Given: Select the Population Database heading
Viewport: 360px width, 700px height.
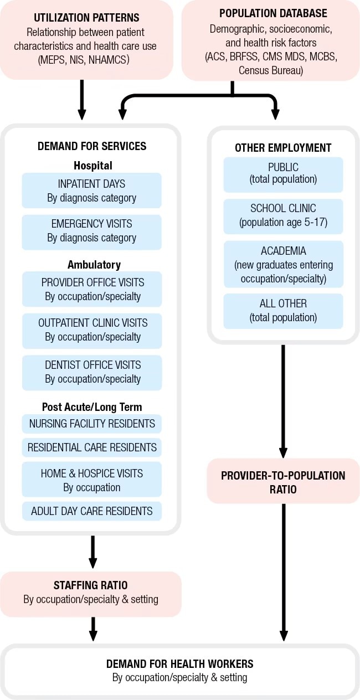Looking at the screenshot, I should pos(273,13).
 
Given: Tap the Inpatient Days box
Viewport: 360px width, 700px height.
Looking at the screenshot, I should pos(92,191).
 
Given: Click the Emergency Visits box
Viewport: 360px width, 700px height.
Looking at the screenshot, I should pos(92,231).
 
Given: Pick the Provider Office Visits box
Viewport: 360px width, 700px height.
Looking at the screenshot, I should pos(92,289).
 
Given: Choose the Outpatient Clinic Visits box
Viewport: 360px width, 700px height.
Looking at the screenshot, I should pos(92,330).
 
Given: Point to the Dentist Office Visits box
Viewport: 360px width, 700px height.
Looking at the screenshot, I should pos(92,372).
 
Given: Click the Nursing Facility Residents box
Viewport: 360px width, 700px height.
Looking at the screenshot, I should pos(92,424).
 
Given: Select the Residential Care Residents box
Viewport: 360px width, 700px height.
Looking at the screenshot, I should pos(92,447).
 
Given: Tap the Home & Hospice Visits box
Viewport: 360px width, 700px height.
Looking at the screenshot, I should pos(92,480).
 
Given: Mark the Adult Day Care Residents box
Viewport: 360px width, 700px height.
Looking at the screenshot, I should pos(92,511).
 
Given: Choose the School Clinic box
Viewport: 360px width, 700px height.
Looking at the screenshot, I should pos(283,215).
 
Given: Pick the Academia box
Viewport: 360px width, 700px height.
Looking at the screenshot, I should pos(283,264).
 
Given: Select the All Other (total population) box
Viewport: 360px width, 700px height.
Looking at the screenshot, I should pos(283,310).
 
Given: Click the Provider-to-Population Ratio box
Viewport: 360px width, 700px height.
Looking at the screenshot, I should pos(283,482).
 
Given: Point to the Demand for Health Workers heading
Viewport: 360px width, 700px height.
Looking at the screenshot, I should pos(179,664).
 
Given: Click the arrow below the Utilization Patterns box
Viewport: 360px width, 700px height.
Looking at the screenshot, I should pos(82,100).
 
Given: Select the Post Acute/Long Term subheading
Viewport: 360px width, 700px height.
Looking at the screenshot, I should pos(92,407).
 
